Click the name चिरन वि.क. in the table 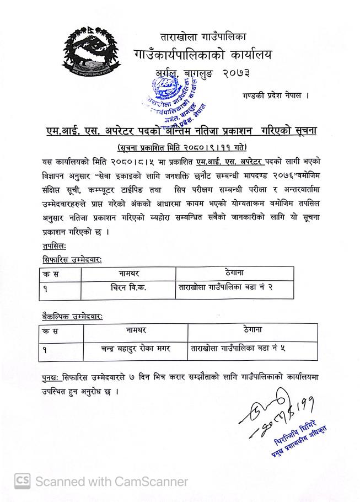(x=127, y=287)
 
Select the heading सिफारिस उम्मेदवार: (x=71, y=259)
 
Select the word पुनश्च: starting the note (x=52, y=378)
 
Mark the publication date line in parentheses (x=182, y=147)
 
